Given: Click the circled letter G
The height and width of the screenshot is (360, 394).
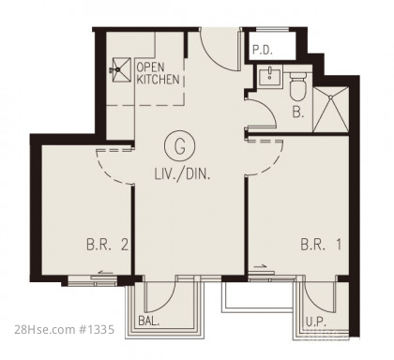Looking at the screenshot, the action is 179,146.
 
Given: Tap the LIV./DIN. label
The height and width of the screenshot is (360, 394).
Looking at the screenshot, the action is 182,174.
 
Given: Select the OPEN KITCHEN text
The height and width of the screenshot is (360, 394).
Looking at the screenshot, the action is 158,73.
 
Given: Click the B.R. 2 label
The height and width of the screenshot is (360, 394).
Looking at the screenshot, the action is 108,245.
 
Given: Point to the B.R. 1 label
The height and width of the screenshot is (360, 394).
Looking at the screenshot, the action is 321,245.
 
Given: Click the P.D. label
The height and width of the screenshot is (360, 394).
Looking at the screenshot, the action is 263,50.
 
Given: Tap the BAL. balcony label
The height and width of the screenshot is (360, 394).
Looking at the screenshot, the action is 149,322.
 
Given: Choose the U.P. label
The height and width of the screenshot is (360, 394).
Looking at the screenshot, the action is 316,322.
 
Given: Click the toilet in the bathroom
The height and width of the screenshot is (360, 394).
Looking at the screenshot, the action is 298,86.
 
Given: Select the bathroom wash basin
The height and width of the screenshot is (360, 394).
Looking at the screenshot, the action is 269,75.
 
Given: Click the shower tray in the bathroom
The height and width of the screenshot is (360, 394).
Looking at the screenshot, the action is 330,110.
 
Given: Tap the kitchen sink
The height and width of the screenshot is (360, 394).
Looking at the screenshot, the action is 121,69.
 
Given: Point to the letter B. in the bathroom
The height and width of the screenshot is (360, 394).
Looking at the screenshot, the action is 298,112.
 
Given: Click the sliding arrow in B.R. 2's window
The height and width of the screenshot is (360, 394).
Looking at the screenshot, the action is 106,272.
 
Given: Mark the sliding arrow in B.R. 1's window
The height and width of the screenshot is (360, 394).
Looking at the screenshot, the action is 260,266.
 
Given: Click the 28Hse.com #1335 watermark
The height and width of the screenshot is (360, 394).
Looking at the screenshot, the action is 65,329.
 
